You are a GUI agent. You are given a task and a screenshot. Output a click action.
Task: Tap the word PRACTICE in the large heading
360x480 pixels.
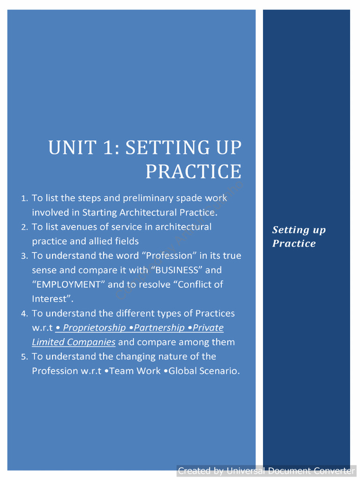click(193, 172)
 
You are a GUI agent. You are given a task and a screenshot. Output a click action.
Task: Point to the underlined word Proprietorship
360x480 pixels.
click(94, 328)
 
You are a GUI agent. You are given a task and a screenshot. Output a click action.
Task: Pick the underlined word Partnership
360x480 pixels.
click(159, 328)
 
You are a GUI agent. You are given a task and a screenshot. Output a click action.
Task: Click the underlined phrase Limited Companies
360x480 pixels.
click(74, 342)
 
